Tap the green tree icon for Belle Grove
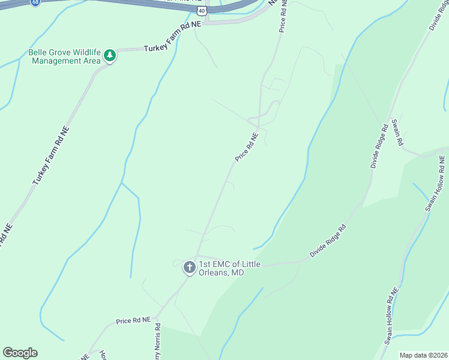(110, 56)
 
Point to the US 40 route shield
(202, 11)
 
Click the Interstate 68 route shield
(35, 2)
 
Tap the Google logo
(20, 353)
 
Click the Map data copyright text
(423, 355)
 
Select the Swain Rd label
(397, 133)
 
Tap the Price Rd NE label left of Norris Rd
(134, 321)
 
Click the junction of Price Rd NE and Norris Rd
(158, 315)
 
